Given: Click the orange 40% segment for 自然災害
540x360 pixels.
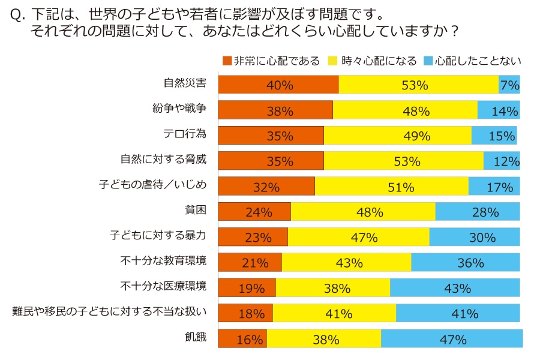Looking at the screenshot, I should (x=278, y=85).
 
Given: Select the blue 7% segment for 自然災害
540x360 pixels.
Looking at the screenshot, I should (x=509, y=85).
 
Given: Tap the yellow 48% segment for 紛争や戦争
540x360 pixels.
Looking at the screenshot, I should (x=405, y=110).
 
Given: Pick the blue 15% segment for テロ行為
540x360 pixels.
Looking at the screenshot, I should (x=494, y=136).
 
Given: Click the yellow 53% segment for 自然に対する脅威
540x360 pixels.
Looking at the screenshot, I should (x=404, y=161).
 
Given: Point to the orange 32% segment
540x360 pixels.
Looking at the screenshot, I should (x=266, y=187).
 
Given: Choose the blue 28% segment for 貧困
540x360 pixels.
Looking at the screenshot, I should (x=478, y=212).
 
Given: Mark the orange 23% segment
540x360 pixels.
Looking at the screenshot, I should (x=253, y=237).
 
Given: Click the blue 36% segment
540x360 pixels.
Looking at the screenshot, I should (x=466, y=262).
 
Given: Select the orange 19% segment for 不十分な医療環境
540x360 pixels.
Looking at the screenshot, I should (x=247, y=288).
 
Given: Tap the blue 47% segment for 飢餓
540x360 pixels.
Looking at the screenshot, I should (x=452, y=339).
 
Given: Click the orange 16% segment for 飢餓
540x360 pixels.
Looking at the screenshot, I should (x=242, y=339).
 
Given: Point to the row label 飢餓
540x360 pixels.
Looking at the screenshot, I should (x=196, y=338).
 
